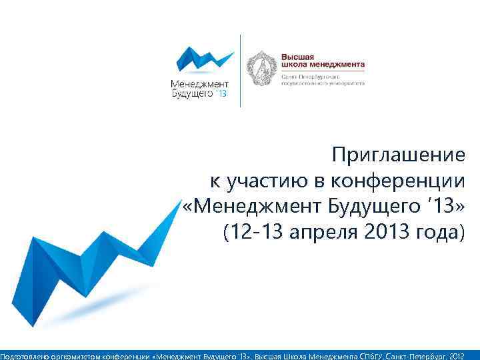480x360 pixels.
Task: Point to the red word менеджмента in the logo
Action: pos(339,65)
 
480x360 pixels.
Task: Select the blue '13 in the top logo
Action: pos(221,95)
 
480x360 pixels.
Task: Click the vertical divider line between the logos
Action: pos(240,70)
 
